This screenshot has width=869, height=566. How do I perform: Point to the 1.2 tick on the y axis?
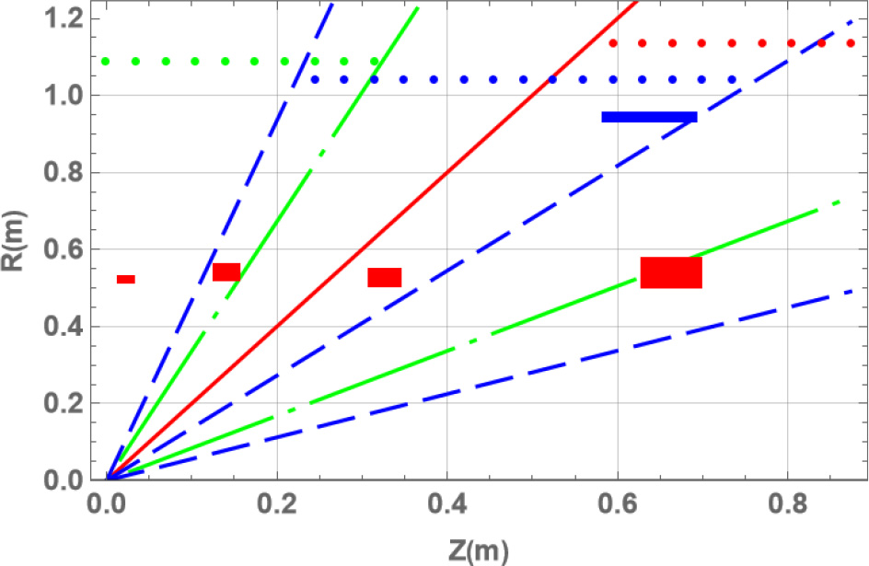tap(70, 17)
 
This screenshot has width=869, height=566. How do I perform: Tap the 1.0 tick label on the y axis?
tap(70, 95)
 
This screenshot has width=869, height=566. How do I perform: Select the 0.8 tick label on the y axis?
tap(70, 172)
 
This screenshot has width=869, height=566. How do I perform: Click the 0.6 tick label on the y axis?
tap(70, 248)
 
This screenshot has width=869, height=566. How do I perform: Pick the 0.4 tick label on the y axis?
tap(70, 326)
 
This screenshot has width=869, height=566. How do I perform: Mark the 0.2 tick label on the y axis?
tap(70, 403)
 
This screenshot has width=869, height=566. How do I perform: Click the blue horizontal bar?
tap(649, 117)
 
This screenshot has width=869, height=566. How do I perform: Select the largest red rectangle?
tap(671, 272)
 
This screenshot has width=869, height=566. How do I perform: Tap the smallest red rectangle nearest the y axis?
tap(126, 279)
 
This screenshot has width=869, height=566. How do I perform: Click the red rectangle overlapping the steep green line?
tap(226, 271)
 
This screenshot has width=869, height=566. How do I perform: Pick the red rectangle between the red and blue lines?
tap(385, 277)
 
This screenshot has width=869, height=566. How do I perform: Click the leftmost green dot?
tap(106, 62)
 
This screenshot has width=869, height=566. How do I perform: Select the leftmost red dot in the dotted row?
tap(613, 42)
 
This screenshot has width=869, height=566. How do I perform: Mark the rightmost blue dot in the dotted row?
tap(732, 80)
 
